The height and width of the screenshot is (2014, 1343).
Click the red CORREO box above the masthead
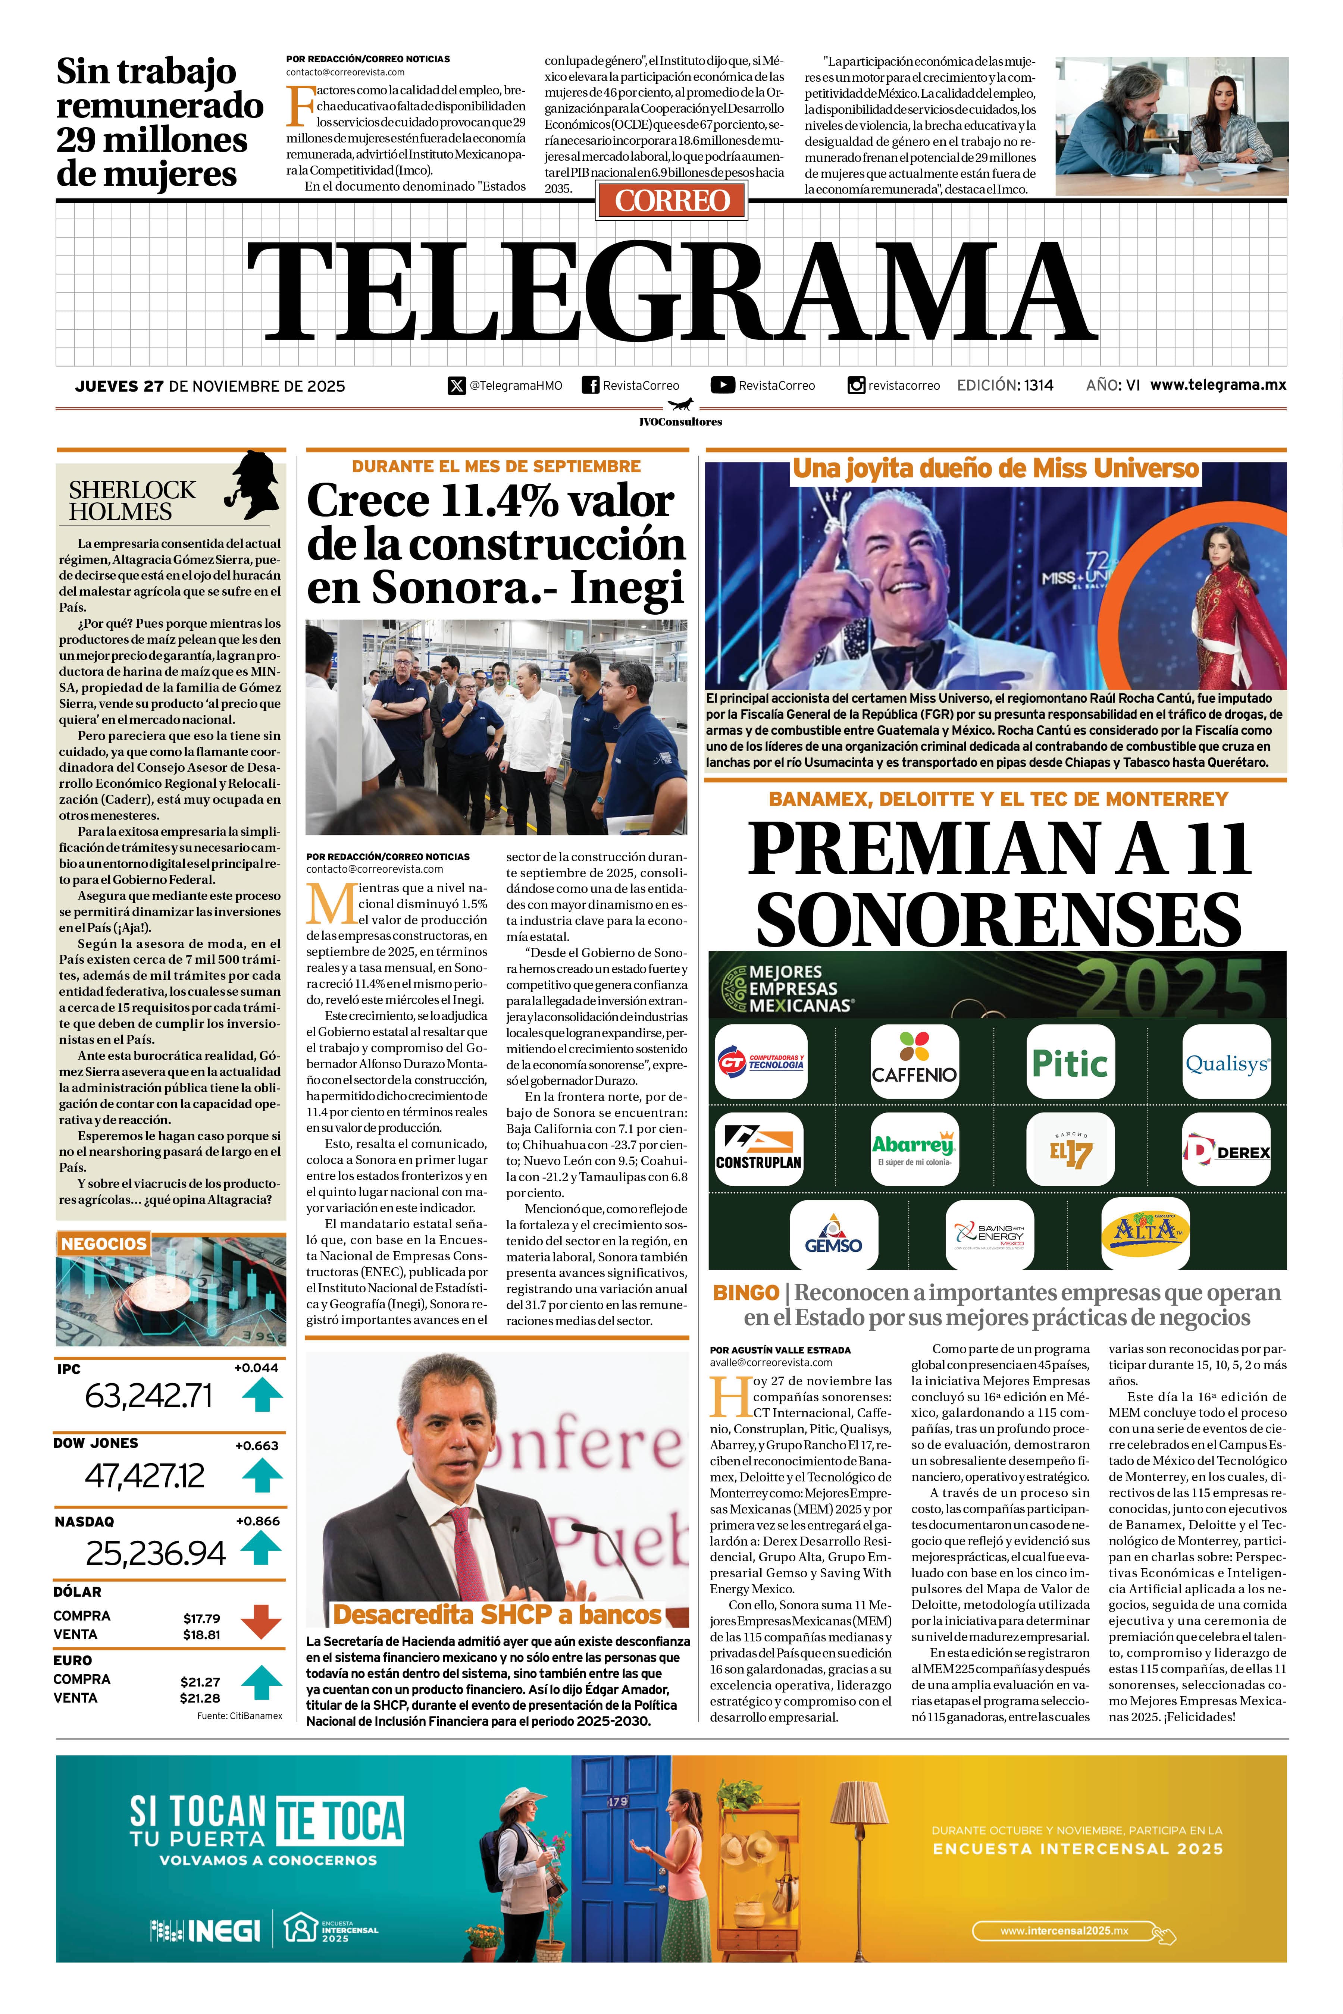[x=671, y=200]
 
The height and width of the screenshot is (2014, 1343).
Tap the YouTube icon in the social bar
[x=722, y=385]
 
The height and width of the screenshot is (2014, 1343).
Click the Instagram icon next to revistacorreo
[x=856, y=385]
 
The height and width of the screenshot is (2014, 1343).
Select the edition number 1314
[x=1038, y=385]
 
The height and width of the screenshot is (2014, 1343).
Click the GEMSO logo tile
[x=833, y=1234]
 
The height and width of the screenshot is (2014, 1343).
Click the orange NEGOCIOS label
[x=104, y=1243]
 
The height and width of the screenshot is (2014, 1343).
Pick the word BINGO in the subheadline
[x=745, y=1292]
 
